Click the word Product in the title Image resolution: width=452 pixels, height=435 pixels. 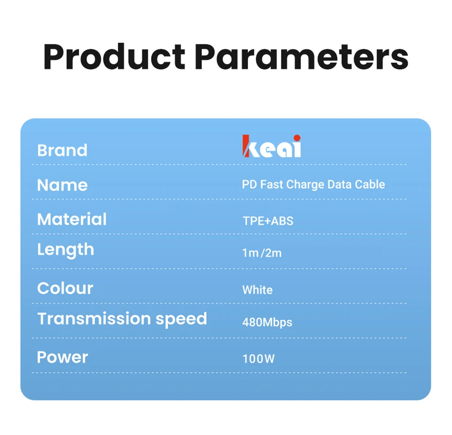point(114,56)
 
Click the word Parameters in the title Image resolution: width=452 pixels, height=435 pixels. point(301,56)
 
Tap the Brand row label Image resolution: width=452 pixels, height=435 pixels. point(62,150)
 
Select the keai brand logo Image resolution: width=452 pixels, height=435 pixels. point(272,146)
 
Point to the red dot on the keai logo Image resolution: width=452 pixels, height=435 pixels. point(297,138)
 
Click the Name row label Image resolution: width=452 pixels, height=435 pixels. point(62,185)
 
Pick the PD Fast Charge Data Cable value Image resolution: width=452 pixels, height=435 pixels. point(314,185)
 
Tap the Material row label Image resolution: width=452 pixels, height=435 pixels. point(72,219)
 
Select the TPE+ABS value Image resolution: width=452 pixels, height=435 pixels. point(268,221)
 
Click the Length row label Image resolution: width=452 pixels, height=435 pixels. point(66,250)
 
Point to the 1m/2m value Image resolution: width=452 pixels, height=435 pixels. point(262,253)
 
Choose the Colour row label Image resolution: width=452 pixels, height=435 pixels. point(65,288)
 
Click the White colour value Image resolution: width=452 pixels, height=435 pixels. point(258,290)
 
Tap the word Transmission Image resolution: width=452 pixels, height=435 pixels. point(94,319)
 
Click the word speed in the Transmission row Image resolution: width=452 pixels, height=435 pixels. point(181,319)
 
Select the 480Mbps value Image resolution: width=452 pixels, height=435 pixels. point(267,322)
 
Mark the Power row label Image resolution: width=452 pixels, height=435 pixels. point(63,357)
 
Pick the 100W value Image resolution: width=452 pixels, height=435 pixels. point(258,359)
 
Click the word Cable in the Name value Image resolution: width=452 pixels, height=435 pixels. point(370,184)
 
